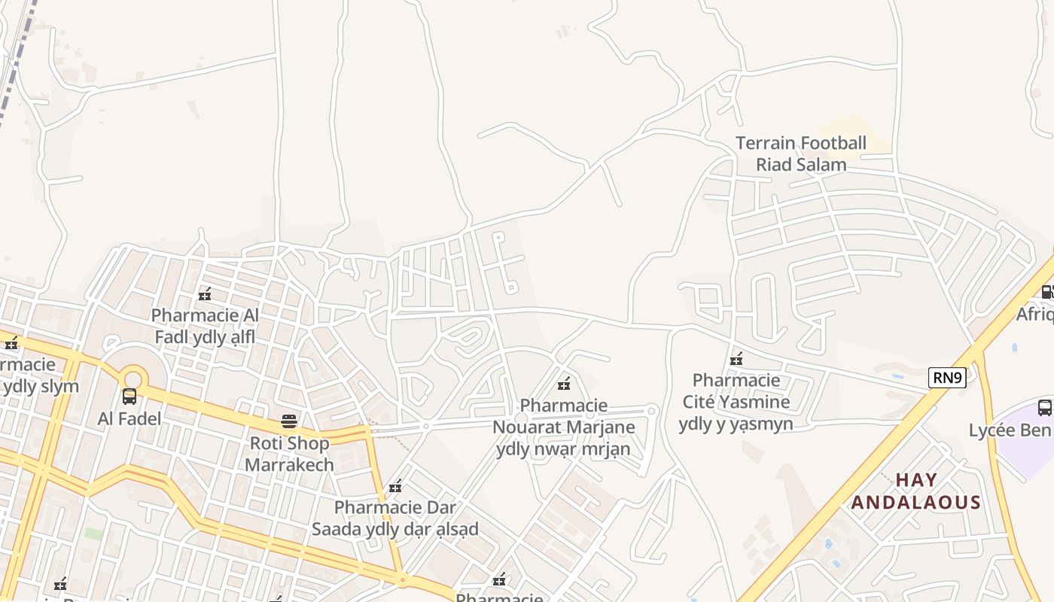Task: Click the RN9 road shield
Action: point(946,378)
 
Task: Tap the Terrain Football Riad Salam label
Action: point(800,154)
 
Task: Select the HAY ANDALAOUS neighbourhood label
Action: point(915,491)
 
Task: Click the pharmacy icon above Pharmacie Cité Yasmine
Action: point(736,359)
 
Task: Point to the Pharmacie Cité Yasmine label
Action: point(736,402)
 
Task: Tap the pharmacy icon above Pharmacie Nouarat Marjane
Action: point(563,385)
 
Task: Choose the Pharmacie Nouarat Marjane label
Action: point(563,427)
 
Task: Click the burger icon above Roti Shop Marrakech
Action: point(289,421)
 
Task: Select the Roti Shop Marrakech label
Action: point(289,454)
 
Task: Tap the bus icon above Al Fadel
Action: point(129,397)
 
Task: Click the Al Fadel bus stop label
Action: point(129,418)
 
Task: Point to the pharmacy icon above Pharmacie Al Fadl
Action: point(204,294)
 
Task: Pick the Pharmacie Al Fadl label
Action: point(205,326)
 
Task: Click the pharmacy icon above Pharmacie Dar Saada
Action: point(395,486)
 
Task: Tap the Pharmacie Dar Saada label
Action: point(395,518)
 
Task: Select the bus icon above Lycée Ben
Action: point(1045,408)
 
